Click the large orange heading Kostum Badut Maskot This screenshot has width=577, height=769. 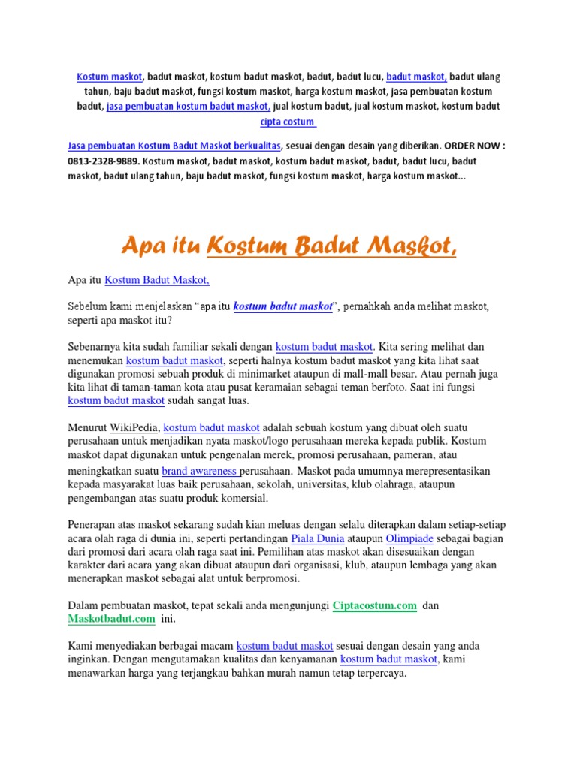point(331,244)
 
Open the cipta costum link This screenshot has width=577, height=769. point(288,122)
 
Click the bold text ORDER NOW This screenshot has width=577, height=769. point(472,146)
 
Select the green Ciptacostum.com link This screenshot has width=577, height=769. point(375,605)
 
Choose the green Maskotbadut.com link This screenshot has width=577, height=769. point(111,619)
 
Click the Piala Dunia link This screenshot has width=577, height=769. point(319,538)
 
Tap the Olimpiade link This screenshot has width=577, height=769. point(410,538)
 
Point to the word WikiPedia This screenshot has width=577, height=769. point(134,427)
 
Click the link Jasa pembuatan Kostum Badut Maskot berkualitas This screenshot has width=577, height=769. point(174,146)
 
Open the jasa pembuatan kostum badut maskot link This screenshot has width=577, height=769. point(189,107)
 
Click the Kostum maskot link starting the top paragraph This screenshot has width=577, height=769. point(110,77)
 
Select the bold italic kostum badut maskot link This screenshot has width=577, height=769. point(282,306)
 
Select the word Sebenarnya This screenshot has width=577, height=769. point(95,346)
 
